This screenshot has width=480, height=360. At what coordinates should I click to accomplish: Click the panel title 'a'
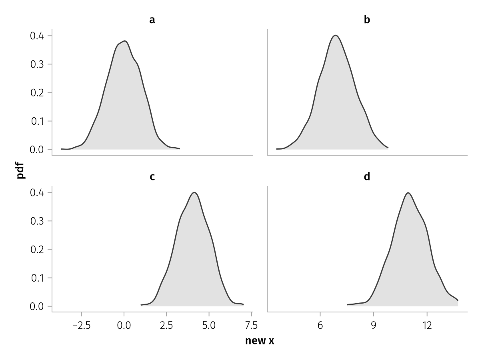pos(152,20)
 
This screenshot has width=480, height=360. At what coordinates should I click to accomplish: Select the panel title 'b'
pos(367,20)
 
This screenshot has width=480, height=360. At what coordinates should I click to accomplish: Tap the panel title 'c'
pos(152,177)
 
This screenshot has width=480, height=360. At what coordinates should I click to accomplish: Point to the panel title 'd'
pos(367,177)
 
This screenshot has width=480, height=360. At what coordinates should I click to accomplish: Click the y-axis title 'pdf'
pos(21,170)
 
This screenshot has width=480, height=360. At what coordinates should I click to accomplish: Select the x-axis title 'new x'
pos(260,341)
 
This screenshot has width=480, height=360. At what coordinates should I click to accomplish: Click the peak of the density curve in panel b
pos(336,35)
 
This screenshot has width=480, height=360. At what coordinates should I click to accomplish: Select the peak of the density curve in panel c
pos(194,192)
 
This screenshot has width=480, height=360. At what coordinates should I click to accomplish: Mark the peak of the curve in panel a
pos(126,41)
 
